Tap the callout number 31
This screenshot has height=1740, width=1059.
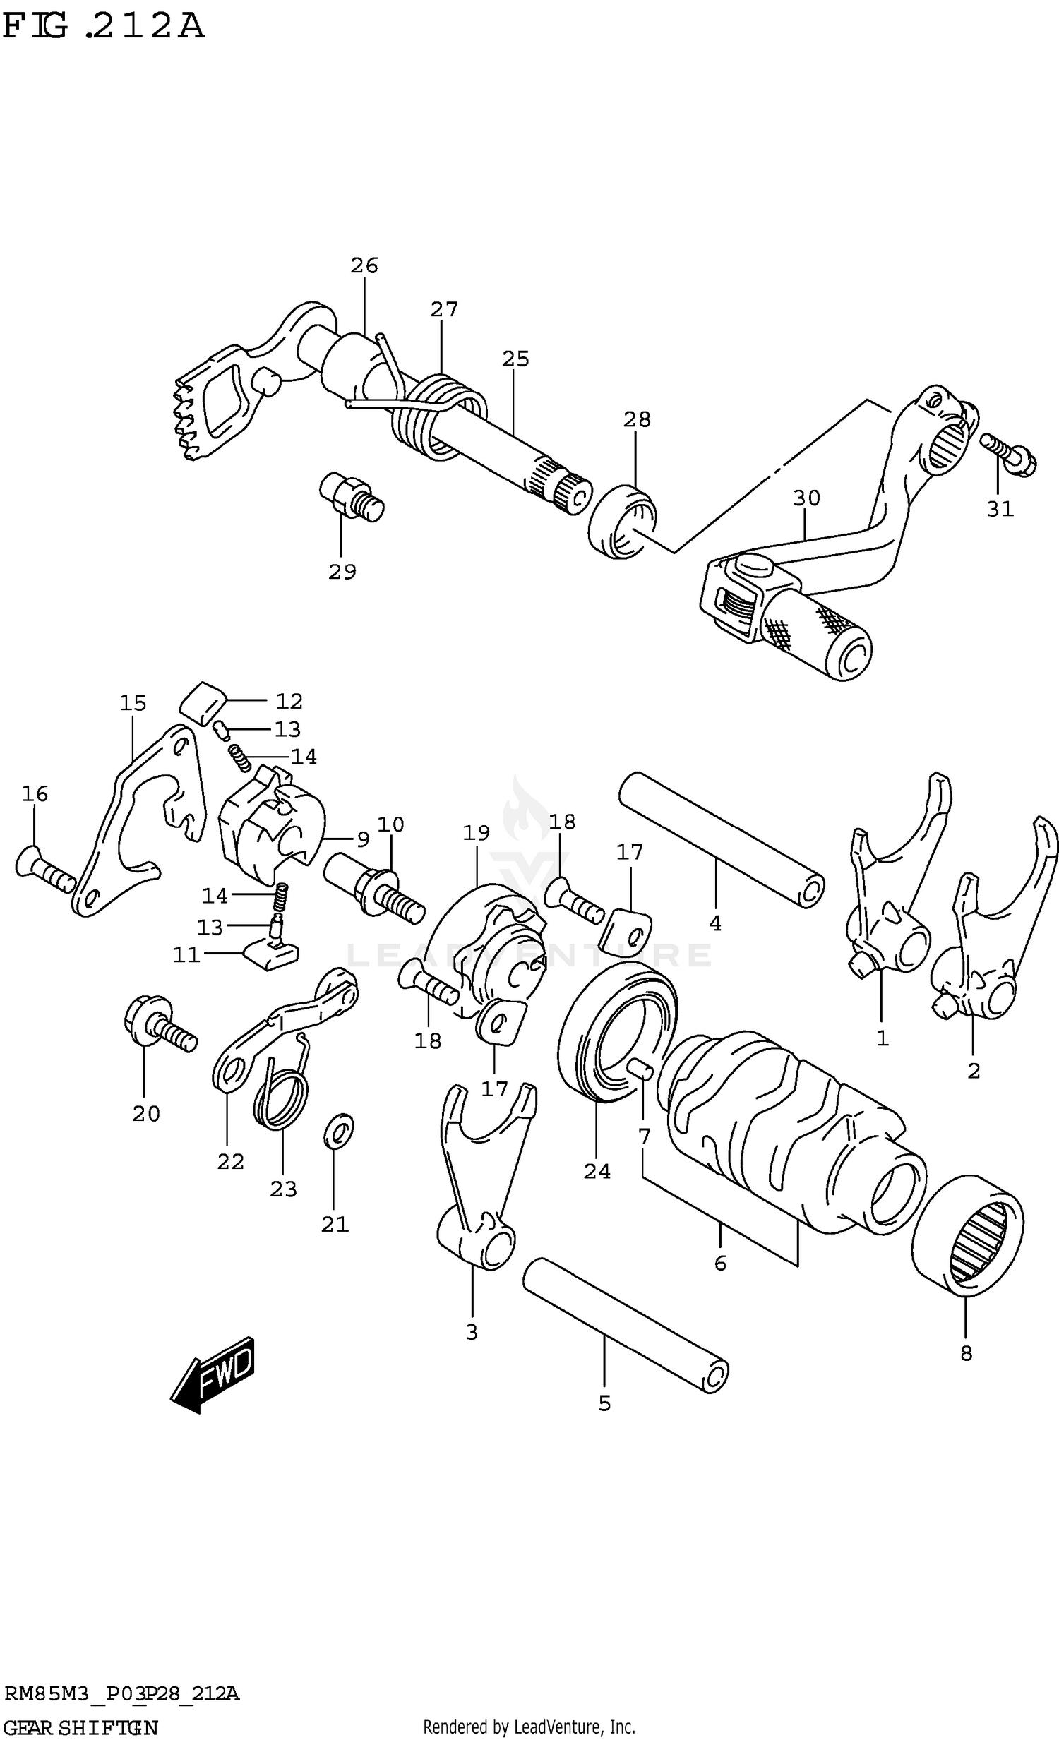point(1000,508)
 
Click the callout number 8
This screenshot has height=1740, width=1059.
point(966,1353)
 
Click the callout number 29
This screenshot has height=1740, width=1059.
point(342,571)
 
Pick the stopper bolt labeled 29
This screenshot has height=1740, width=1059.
point(351,496)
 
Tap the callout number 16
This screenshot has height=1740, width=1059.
point(34,793)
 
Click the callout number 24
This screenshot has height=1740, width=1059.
point(597,1171)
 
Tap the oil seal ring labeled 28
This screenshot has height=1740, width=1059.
point(622,521)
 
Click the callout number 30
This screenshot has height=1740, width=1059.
point(806,498)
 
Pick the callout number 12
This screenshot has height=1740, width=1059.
point(288,700)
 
